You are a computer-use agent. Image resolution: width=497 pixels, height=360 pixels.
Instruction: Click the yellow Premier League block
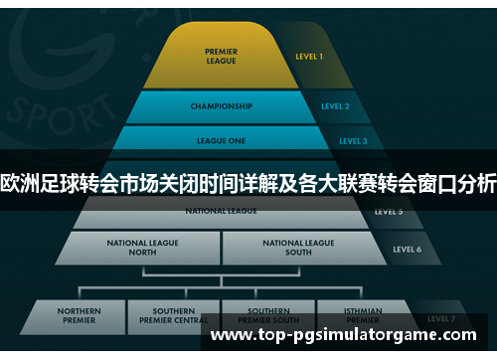coord(220,57)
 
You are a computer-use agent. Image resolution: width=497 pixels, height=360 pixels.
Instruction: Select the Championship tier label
coord(220,105)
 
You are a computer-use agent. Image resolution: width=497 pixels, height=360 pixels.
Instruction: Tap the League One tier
coord(222,141)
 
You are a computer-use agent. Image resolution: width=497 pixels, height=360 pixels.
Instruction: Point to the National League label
coord(221,211)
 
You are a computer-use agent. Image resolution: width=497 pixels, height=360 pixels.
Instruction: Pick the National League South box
coord(297,248)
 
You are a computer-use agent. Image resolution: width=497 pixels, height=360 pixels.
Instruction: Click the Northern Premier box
coord(79,316)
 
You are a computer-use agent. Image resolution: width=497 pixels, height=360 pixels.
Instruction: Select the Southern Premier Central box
coord(173,316)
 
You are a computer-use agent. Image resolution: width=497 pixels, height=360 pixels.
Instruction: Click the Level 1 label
coord(308,57)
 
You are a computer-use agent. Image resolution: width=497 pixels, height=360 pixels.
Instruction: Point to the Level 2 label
coord(335,105)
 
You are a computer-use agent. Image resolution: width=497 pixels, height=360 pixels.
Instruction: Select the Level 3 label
coord(352,141)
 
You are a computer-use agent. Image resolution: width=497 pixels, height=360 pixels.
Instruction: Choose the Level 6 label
coord(407,249)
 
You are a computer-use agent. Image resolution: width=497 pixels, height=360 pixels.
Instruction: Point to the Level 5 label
coord(389,212)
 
